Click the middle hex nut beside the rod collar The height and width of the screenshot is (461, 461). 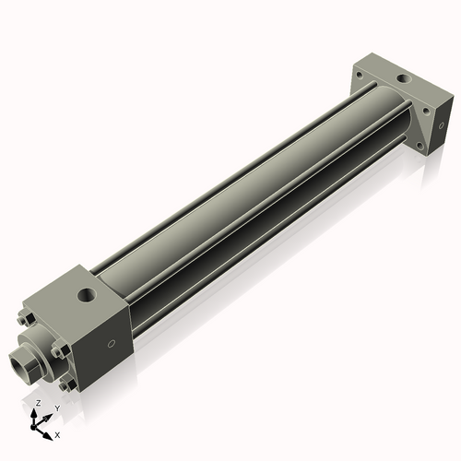pyautogui.click(x=57, y=349)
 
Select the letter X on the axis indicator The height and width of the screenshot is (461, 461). pyautogui.click(x=57, y=433)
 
